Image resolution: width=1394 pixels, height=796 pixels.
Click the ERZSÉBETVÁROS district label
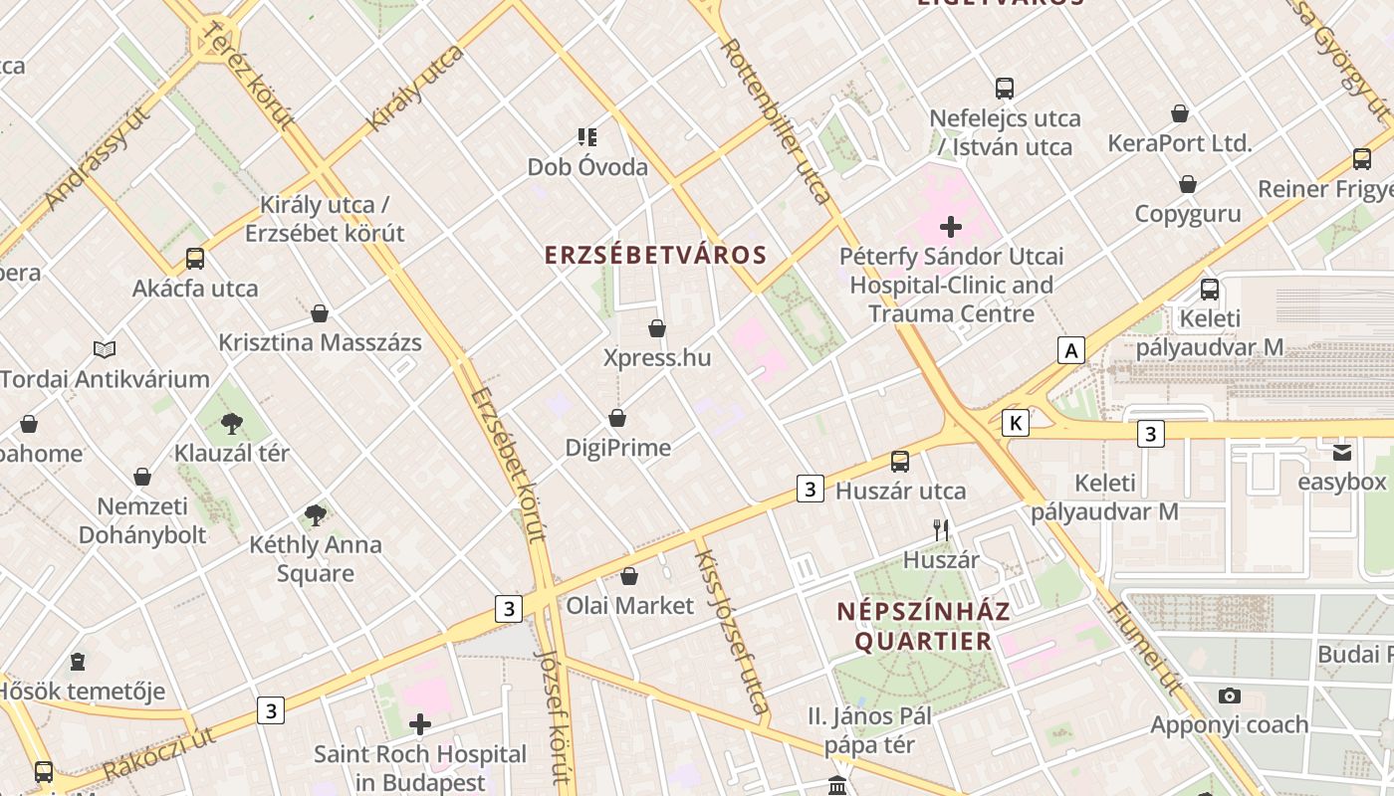[x=655, y=255]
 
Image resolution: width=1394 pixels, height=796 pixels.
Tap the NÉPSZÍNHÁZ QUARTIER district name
[x=923, y=626]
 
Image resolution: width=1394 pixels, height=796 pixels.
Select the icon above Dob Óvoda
[x=587, y=136]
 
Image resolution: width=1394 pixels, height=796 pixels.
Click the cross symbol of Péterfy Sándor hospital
[x=951, y=227]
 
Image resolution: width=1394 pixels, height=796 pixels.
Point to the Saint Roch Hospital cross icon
[x=420, y=723]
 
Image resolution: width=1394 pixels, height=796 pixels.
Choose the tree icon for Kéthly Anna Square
[x=316, y=514]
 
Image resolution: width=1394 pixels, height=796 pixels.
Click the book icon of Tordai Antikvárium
[x=105, y=349]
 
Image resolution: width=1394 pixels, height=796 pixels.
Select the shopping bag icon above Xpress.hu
[x=657, y=328]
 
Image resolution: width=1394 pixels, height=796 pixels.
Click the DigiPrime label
[x=617, y=448]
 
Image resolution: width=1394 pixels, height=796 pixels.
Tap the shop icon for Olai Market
[x=629, y=576]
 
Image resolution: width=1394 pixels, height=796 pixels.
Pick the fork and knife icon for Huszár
[x=941, y=530]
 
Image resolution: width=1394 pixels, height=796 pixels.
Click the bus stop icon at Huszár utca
[x=900, y=461]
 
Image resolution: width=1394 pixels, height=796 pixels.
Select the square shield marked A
[x=1071, y=350]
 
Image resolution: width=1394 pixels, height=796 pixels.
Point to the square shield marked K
[x=1015, y=423]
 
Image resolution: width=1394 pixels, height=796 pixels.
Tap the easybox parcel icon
[x=1342, y=453]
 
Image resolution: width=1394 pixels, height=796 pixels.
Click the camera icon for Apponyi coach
[x=1230, y=696]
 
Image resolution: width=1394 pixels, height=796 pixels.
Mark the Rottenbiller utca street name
[x=776, y=120]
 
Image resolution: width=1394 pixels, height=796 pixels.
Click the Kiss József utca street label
[x=732, y=632]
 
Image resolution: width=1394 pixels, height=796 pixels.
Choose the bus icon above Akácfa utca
[x=195, y=259]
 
